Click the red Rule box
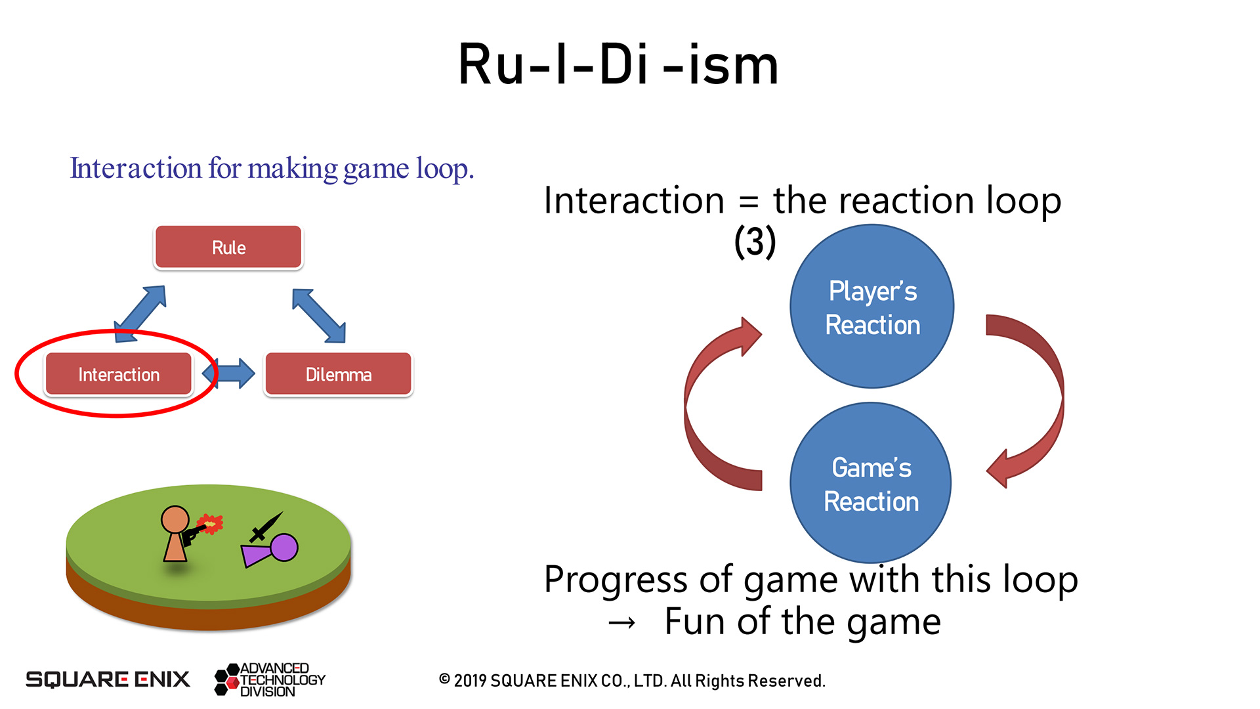(228, 247)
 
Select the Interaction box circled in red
(119, 374)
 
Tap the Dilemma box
(338, 374)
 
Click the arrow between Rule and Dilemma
(319, 316)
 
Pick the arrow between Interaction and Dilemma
(228, 374)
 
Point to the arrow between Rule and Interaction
(140, 314)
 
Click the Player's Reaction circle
(871, 307)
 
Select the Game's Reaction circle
(871, 484)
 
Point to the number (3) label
(755, 241)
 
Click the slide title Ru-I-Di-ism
(618, 64)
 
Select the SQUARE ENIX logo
(108, 679)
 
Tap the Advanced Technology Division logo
(270, 679)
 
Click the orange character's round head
(175, 519)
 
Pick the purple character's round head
(284, 547)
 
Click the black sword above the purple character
(266, 527)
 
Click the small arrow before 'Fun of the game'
(621, 622)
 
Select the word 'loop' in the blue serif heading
(444, 169)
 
